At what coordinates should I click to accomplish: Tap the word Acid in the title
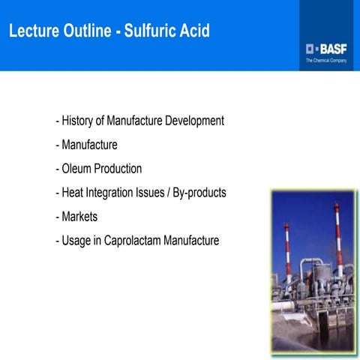[x=192, y=31]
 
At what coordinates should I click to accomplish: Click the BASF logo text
[x=330, y=48]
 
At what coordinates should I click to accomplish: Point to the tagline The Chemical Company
[x=325, y=60]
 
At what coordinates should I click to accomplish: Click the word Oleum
[x=77, y=169]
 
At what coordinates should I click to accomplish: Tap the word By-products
[x=199, y=193]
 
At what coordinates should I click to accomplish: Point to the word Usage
[x=76, y=241]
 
